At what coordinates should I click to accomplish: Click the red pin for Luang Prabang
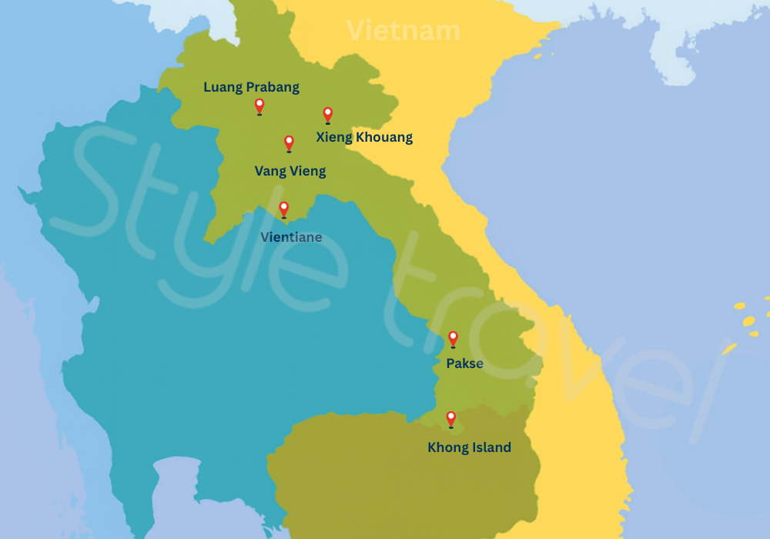259,105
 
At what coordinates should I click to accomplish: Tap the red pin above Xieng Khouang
327,114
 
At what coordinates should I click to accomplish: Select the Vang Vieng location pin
289,142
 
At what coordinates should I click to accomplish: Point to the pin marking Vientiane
283,209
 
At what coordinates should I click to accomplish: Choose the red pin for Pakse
453,338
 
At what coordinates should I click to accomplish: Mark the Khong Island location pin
450,419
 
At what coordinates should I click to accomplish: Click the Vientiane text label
291,237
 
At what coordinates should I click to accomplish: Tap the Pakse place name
464,363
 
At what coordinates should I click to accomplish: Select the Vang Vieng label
290,171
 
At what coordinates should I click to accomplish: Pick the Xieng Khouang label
364,138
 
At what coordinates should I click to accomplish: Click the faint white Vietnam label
403,31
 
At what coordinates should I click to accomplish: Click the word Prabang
273,87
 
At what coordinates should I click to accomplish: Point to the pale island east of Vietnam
678,46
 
